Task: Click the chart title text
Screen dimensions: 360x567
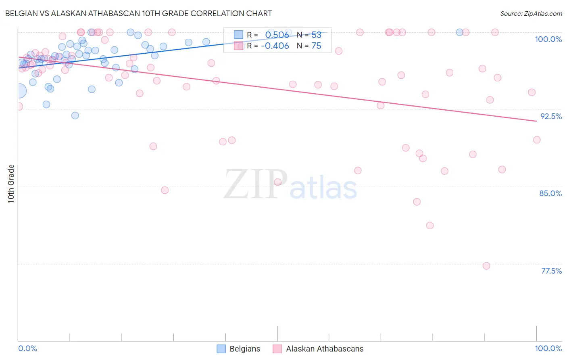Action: (x=138, y=13)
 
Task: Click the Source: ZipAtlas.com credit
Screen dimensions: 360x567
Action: (x=531, y=13)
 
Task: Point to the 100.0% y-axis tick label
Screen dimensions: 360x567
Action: (x=548, y=39)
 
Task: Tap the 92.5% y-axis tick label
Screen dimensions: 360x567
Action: (x=551, y=116)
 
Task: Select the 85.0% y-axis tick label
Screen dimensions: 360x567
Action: (x=550, y=193)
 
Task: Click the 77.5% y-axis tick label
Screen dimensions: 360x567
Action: (x=551, y=271)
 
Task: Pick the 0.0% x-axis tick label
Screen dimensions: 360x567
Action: (x=27, y=348)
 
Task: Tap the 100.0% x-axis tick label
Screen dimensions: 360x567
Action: (x=548, y=348)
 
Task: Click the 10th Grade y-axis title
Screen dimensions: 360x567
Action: (x=11, y=184)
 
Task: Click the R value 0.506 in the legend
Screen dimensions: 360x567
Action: (x=277, y=35)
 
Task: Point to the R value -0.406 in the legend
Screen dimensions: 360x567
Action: (x=275, y=46)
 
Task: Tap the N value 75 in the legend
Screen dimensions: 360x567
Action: (x=316, y=46)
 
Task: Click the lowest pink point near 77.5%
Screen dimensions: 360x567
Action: (x=486, y=266)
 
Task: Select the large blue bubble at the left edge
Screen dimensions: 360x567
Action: (x=19, y=91)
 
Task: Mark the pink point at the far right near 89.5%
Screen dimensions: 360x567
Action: (x=537, y=140)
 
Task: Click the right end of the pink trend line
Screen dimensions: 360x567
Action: (x=536, y=121)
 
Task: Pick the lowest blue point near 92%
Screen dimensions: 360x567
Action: (x=75, y=115)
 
